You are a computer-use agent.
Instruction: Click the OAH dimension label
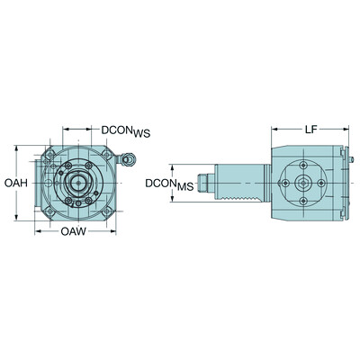point(14,184)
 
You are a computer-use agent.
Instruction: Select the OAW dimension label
point(74,233)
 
